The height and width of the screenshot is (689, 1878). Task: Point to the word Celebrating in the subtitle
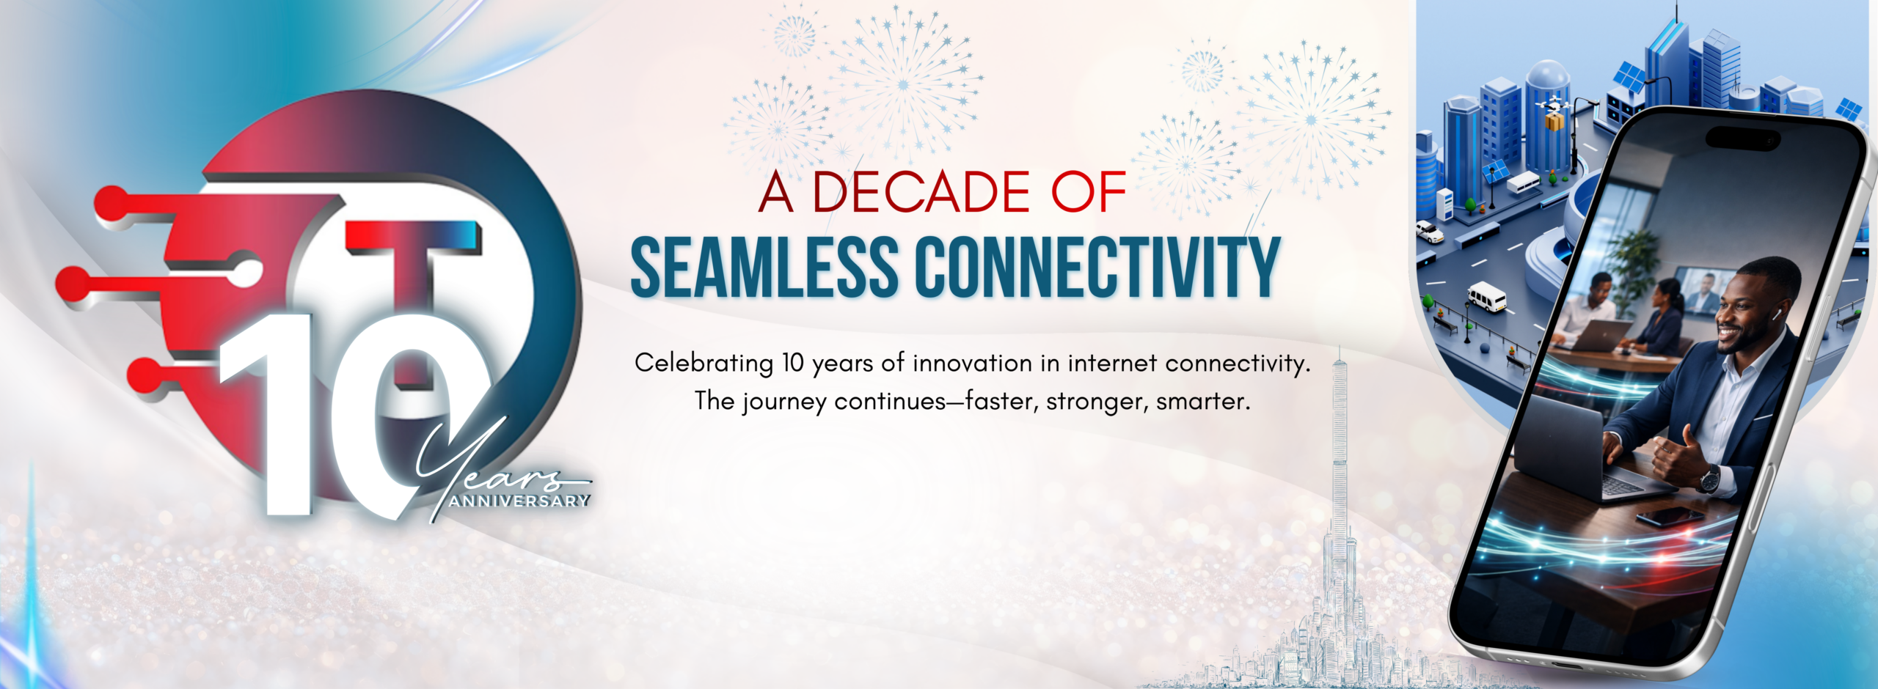(704, 364)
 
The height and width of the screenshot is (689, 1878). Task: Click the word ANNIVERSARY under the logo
(519, 501)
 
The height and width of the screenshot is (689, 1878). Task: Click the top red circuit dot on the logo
(112, 202)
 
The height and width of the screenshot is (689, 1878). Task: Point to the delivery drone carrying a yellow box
(1553, 114)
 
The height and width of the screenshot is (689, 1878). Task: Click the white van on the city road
(1486, 298)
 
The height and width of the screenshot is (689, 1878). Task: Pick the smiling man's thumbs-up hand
(1677, 458)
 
